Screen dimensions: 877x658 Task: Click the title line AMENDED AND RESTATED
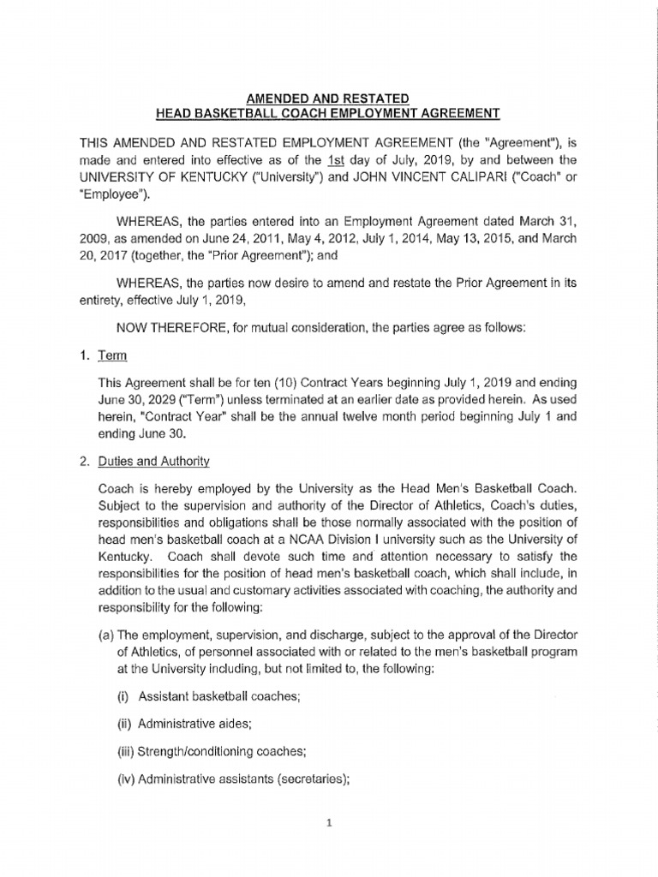[328, 99]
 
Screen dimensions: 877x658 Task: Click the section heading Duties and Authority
[155, 462]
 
